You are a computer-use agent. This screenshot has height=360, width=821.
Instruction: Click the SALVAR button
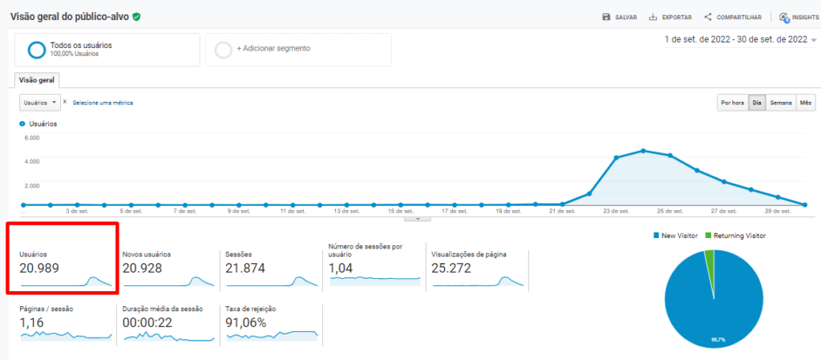coord(620,17)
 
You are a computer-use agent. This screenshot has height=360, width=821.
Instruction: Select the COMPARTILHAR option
coord(732,17)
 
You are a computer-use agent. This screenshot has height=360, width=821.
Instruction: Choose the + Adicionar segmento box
coord(298,49)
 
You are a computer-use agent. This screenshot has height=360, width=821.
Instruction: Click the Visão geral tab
coord(36,80)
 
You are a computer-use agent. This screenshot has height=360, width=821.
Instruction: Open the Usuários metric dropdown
coord(40,103)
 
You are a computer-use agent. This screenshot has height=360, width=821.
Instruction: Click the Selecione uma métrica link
coord(103,103)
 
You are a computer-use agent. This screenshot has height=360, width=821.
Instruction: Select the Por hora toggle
coord(732,103)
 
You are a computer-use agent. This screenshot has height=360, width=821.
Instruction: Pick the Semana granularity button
coord(781,103)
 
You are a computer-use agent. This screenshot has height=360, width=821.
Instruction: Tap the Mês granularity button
coord(807,103)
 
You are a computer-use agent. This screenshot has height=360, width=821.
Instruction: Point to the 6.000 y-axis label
coord(32,138)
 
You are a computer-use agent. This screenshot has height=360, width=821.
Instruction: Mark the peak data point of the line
coord(643,151)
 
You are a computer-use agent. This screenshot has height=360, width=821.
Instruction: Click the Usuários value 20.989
coord(39,269)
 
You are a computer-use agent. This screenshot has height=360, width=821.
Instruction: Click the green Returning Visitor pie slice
coord(710,257)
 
